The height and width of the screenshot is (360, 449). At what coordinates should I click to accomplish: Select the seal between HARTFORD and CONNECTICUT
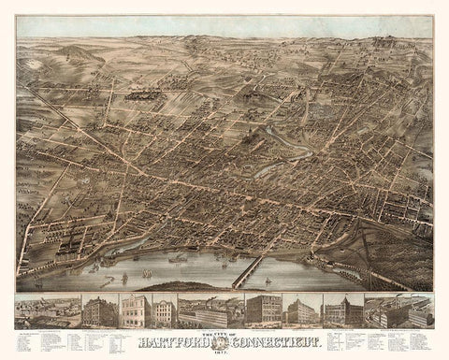click(x=224, y=340)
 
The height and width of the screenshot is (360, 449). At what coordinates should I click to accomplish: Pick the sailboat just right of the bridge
click(x=268, y=279)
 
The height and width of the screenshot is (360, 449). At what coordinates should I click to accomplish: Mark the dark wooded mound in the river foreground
click(x=182, y=285)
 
